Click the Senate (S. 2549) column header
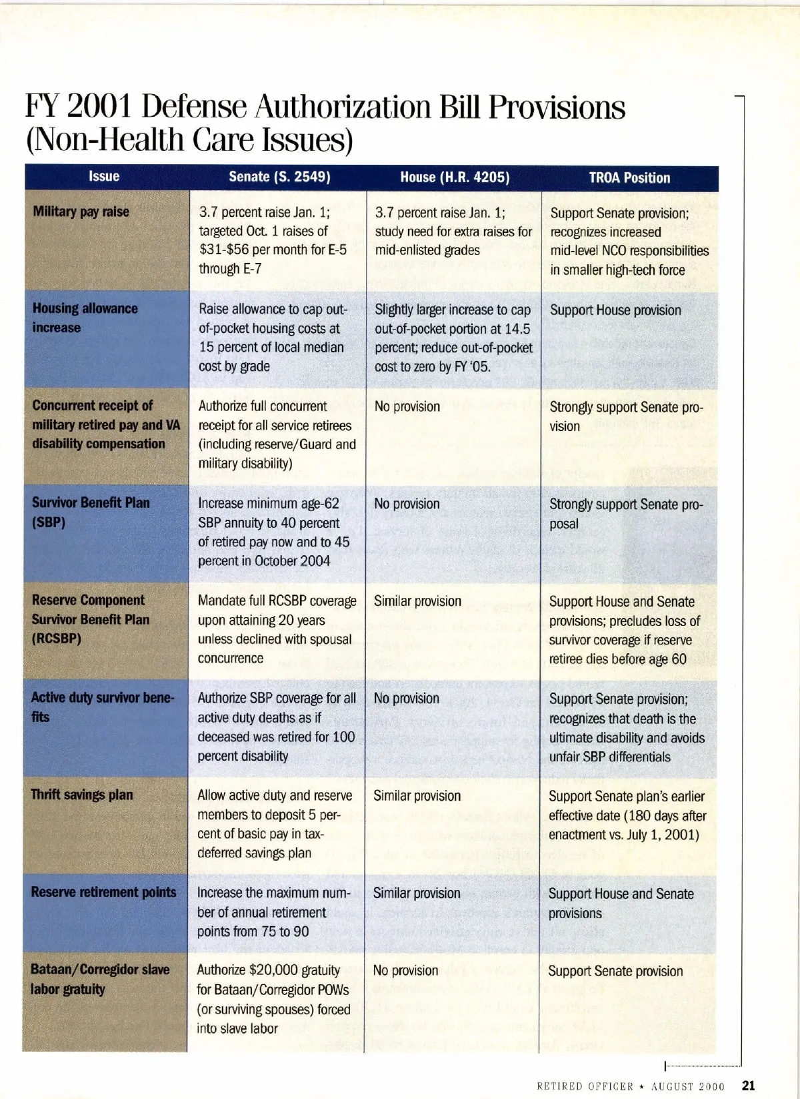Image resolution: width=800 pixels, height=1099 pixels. coord(279,177)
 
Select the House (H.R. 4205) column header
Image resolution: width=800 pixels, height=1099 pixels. coord(455,177)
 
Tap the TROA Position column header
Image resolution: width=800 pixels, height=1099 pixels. coord(629,177)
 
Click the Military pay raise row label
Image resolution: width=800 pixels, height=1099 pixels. coord(81,212)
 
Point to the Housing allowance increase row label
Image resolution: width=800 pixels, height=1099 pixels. coord(85,318)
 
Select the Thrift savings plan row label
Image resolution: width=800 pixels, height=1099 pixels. coord(81,795)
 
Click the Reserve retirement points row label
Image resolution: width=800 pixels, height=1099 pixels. coord(103,892)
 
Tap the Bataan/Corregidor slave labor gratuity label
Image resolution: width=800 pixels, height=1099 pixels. coord(99,979)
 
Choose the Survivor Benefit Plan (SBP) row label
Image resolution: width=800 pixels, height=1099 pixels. coord(91,512)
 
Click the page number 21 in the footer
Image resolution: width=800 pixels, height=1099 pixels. coord(748,1086)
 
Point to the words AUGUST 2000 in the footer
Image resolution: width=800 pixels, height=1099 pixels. coord(687,1086)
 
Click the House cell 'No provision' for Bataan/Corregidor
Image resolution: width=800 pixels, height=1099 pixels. coord(405,970)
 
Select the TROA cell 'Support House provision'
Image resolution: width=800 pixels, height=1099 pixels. coord(615,310)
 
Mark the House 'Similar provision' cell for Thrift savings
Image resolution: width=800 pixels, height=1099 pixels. coord(417,795)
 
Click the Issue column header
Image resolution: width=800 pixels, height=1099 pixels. coord(104,176)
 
